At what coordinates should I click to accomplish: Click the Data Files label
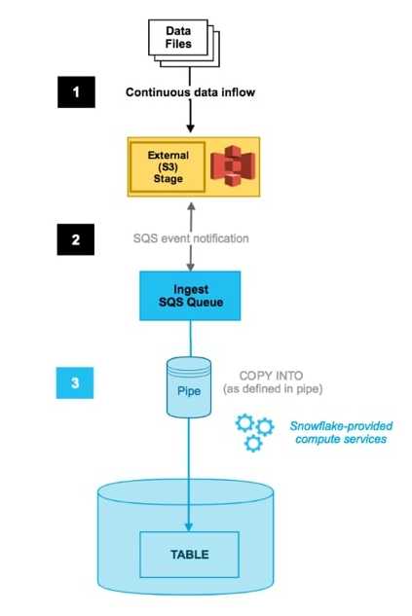click(x=178, y=37)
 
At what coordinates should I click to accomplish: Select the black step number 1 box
click(x=76, y=91)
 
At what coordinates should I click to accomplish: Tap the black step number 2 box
click(x=76, y=239)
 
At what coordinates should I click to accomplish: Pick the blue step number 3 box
click(x=75, y=383)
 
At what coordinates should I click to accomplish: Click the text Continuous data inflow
click(x=190, y=92)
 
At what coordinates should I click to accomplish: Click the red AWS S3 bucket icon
click(x=233, y=165)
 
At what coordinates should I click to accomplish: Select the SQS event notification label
click(x=191, y=238)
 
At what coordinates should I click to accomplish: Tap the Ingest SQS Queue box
click(x=190, y=296)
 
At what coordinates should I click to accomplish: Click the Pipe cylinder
click(x=189, y=387)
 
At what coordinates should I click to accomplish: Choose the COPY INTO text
click(x=272, y=376)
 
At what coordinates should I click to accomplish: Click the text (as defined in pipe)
click(x=273, y=389)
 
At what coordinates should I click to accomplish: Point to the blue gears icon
click(x=254, y=432)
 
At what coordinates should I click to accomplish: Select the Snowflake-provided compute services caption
click(x=341, y=432)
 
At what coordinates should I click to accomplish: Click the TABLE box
click(x=190, y=555)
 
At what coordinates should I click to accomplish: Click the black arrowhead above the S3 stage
click(x=190, y=128)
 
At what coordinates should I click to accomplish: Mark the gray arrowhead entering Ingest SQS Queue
click(x=191, y=267)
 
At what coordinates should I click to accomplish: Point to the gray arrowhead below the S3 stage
click(x=191, y=206)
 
